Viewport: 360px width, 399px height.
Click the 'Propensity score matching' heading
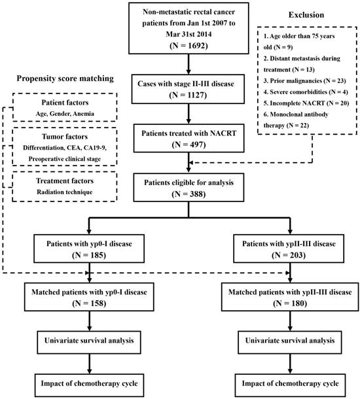click(x=62, y=78)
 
